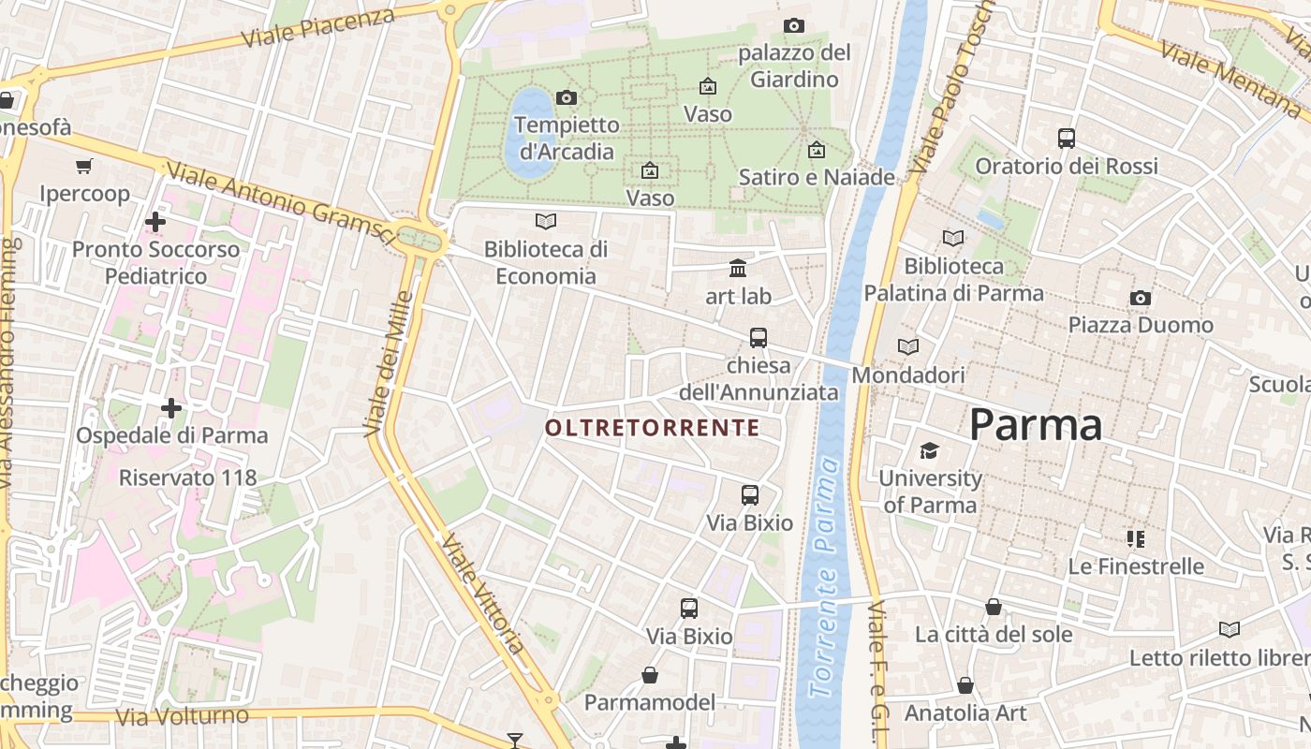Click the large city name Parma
pos(1036,425)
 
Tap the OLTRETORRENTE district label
pos(652,428)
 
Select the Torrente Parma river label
pos(824,578)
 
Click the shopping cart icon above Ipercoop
pos(84,167)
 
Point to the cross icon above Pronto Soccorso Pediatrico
pos(155,222)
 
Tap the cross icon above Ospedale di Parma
pos(171,408)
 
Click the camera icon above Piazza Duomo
pos(1140,298)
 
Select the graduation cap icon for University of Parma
pos(929,451)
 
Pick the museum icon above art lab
pos(738,269)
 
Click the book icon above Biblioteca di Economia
pos(545,221)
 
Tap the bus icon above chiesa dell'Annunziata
pos(758,337)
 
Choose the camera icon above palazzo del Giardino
pos(793,25)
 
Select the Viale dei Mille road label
pos(389,363)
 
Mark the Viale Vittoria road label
pos(483,594)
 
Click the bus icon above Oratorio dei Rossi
pos(1066,139)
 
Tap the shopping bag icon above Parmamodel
pos(649,675)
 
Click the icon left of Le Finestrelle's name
pos(1136,538)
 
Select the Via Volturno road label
pos(183,716)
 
